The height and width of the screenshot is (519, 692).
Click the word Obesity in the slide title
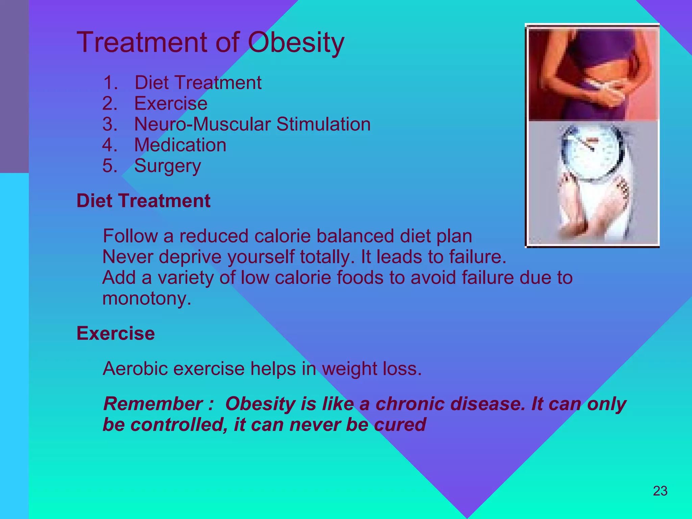(296, 43)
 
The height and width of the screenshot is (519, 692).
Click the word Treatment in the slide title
(142, 43)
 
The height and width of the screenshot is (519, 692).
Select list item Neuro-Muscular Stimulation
(252, 124)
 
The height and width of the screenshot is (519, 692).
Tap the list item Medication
(180, 145)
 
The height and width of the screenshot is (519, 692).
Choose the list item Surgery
(167, 166)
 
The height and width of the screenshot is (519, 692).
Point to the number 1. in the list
(110, 83)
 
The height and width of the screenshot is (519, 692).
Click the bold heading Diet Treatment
(143, 201)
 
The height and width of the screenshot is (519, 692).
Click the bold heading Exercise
(116, 333)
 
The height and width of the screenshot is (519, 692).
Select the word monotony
(147, 298)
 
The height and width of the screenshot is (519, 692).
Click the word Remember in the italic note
(153, 404)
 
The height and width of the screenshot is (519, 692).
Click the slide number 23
(660, 491)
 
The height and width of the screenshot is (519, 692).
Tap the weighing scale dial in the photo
(591, 152)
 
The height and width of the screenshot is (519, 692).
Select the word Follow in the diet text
(130, 236)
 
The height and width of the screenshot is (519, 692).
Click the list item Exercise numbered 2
(171, 103)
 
